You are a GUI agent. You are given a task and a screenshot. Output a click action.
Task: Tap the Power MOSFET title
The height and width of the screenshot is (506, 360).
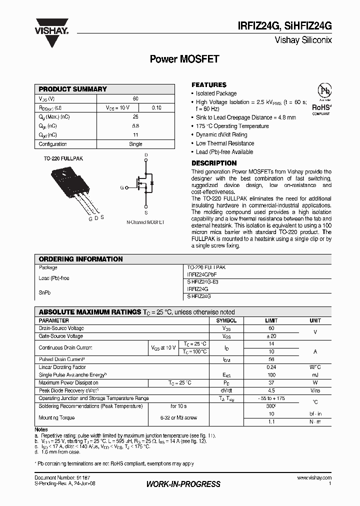[x=184, y=59]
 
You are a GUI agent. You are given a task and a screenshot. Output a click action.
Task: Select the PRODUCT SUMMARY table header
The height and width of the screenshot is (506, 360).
[x=73, y=89]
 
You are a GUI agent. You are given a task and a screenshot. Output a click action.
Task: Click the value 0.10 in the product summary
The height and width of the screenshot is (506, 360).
[x=156, y=107]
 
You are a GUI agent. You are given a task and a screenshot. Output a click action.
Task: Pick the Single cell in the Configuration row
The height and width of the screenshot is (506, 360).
[x=135, y=144]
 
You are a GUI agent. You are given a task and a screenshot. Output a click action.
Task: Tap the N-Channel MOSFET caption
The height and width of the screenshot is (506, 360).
[x=145, y=221]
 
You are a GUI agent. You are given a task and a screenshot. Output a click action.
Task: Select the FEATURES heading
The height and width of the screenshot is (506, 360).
[x=209, y=85]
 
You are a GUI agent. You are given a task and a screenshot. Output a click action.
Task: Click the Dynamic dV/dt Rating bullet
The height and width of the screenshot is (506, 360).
[x=221, y=134]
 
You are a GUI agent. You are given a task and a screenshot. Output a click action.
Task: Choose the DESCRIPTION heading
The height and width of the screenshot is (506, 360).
[x=214, y=163]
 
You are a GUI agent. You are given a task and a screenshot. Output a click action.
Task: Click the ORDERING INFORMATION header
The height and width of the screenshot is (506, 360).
[x=80, y=259]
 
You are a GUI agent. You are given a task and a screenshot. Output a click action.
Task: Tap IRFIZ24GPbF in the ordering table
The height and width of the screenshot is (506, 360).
[x=202, y=274]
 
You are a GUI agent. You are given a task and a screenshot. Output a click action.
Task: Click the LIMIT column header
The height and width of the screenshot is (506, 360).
[x=271, y=320]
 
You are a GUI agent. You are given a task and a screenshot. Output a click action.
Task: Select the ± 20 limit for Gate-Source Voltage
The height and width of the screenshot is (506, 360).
[x=271, y=336]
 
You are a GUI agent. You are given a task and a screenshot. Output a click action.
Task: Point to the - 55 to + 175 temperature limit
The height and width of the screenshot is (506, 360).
[x=271, y=398]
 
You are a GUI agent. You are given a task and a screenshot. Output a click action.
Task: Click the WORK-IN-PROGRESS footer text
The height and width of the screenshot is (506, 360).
[x=183, y=484]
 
